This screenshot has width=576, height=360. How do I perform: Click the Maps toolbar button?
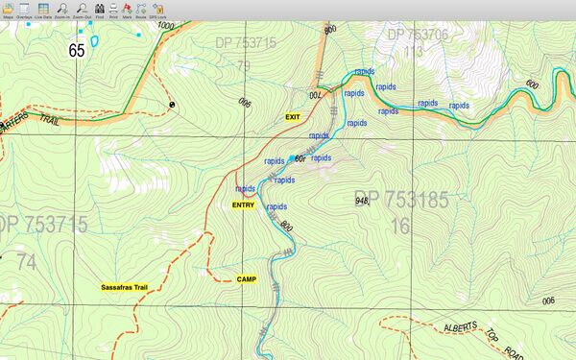8,9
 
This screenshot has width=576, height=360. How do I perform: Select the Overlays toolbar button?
23,9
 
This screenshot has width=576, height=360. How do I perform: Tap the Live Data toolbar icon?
42,9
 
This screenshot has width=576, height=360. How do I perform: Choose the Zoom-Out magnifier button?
82,9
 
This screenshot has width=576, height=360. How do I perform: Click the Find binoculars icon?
100,9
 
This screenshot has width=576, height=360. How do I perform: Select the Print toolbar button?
113,9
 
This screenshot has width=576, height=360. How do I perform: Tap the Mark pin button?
127,9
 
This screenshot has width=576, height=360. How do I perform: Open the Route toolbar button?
141,9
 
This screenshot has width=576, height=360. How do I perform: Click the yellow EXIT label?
293,116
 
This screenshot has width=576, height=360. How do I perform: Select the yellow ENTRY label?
243,205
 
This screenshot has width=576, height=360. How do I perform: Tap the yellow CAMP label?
247,279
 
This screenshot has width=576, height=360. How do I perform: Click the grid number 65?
78,50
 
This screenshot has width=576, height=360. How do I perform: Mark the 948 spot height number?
362,201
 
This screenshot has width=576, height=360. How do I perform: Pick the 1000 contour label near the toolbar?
166,27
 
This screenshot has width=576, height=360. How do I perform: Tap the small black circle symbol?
173,103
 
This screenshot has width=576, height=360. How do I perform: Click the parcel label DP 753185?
400,201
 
